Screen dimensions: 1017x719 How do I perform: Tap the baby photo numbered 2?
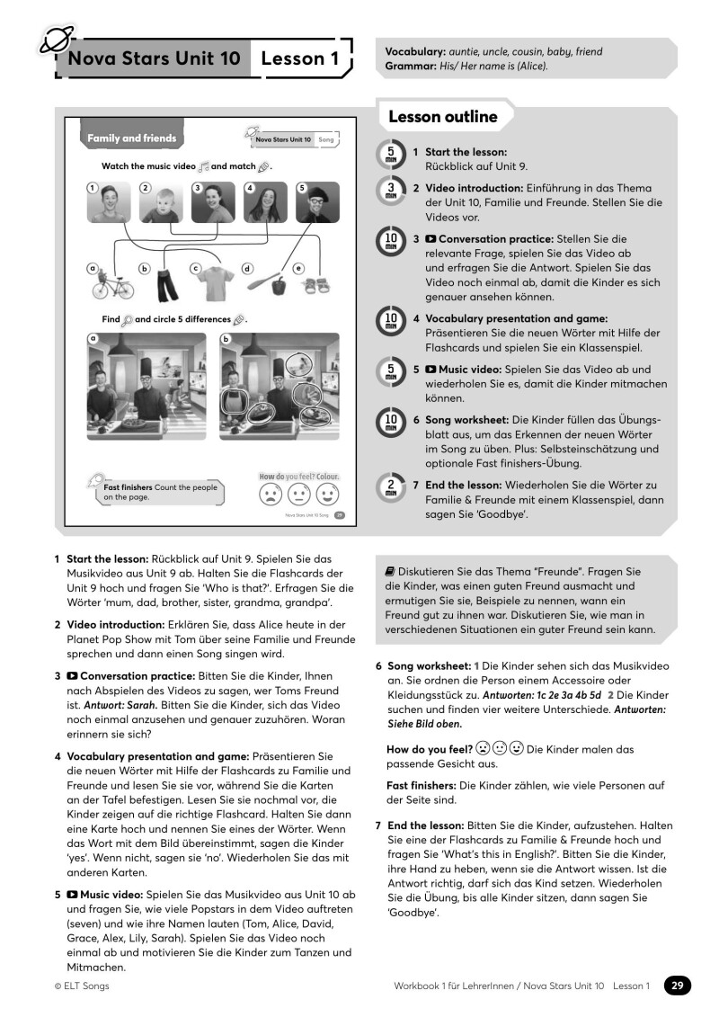click(163, 203)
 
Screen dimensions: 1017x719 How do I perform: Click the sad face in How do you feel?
click(270, 495)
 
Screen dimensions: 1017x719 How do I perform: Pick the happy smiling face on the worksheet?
click(327, 495)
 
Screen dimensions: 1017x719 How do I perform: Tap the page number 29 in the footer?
click(678, 986)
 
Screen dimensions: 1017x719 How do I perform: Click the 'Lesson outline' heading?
click(442, 117)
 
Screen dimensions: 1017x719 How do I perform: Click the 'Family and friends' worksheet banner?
click(131, 138)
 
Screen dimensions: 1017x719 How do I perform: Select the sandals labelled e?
click(316, 286)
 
